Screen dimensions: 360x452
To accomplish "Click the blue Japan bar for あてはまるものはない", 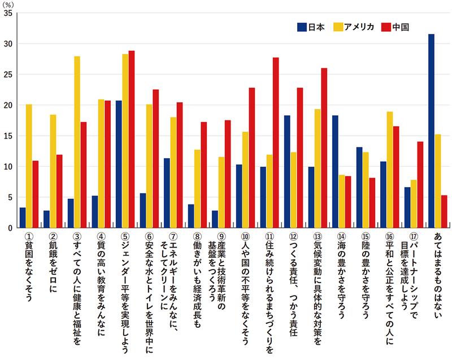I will point(431,131).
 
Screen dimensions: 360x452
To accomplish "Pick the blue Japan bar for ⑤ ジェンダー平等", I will point(119,164).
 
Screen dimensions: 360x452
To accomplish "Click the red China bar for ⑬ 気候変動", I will point(324,148).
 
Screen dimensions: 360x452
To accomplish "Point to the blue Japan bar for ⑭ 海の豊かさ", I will point(335,172).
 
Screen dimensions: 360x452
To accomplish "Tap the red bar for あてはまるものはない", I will point(444,212).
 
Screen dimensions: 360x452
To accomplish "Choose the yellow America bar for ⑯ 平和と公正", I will point(390,170).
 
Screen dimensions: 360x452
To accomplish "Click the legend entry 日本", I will point(310,26).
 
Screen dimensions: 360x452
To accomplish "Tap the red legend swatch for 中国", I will point(386,26).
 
